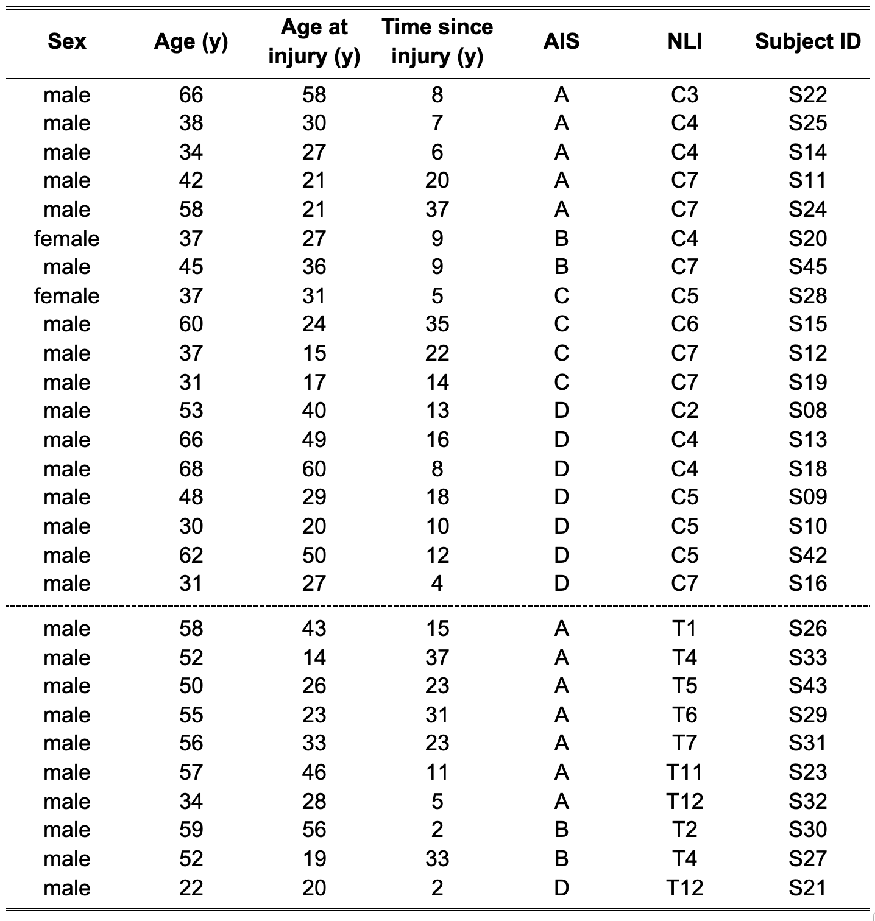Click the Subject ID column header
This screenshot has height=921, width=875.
click(807, 41)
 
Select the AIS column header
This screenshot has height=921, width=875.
click(561, 41)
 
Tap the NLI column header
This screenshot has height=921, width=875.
click(684, 41)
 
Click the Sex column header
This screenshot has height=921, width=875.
click(67, 41)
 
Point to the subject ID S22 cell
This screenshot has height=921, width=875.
click(807, 95)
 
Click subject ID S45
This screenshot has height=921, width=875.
click(807, 267)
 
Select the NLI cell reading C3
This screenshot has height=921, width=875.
click(684, 95)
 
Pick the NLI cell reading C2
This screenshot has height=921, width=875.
click(684, 411)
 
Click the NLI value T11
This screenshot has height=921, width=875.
click(684, 772)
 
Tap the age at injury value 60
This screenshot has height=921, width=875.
click(314, 468)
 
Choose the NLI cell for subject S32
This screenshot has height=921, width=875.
click(684, 801)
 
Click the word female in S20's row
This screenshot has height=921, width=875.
click(67, 238)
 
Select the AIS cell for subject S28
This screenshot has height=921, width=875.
click(561, 296)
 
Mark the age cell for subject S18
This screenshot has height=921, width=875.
click(191, 468)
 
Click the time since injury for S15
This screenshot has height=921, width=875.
click(437, 324)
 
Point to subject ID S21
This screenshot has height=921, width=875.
click(807, 887)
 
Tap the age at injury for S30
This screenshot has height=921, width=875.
click(314, 830)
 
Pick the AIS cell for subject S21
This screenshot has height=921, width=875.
click(561, 887)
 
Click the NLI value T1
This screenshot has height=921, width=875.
click(684, 629)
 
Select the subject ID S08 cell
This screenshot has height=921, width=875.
click(807, 411)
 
